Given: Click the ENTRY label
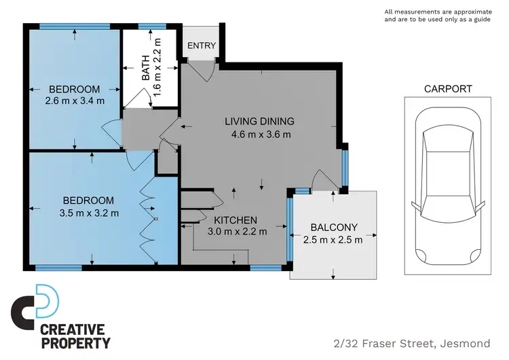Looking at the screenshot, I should [202, 46].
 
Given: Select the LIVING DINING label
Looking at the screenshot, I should [260, 122].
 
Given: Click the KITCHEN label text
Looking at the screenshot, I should [235, 220].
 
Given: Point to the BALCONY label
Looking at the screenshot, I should [334, 227].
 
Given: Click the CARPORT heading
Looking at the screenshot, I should [447, 88].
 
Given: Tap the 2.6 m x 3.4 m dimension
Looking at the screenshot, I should [74, 101].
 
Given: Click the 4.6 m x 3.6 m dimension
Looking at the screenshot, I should [261, 134].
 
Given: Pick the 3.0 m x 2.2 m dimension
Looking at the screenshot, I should [238, 232].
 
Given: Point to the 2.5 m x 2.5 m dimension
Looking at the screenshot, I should [334, 239].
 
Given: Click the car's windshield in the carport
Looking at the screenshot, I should [447, 145].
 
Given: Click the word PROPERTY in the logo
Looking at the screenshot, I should [75, 343].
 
